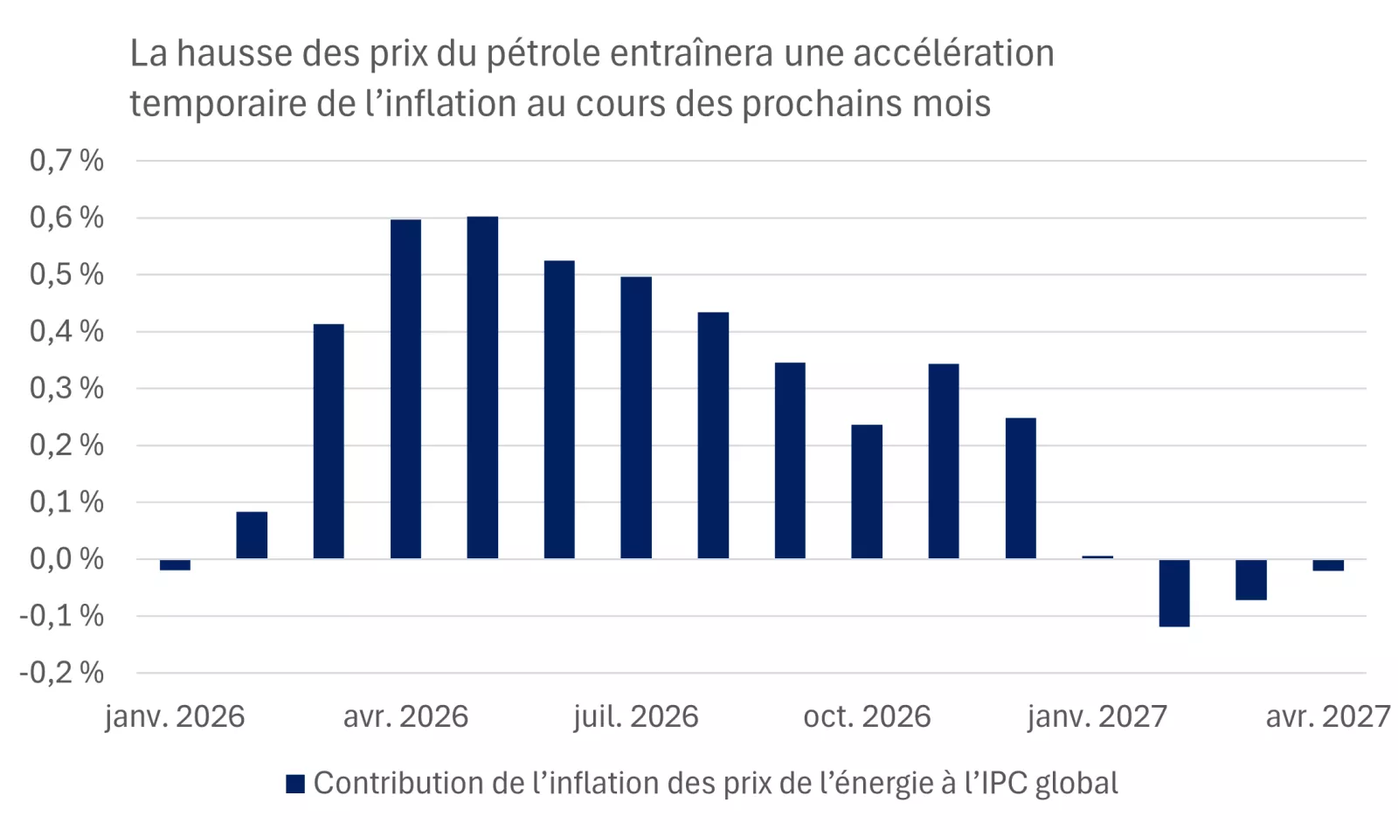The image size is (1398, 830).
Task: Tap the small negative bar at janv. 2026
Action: coord(175,565)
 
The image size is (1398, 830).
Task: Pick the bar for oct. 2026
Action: coord(867,492)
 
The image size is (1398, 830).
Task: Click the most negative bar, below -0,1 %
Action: coord(1174,593)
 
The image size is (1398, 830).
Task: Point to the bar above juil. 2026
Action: coord(636,418)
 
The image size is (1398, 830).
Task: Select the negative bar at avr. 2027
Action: coord(1328,565)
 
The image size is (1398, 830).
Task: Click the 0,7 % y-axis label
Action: coord(66,161)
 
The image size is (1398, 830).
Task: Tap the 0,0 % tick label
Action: coord(66,559)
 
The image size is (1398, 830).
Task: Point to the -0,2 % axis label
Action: coord(62,673)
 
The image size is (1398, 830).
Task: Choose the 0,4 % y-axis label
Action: coord(66,332)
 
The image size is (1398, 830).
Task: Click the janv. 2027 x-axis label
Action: coord(1097,717)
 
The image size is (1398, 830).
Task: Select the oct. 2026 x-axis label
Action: coord(867,717)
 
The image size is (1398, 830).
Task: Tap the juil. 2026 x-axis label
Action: coord(636,717)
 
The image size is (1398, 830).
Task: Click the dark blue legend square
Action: coord(295,784)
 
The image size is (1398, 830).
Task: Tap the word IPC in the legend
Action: coord(1004,784)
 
